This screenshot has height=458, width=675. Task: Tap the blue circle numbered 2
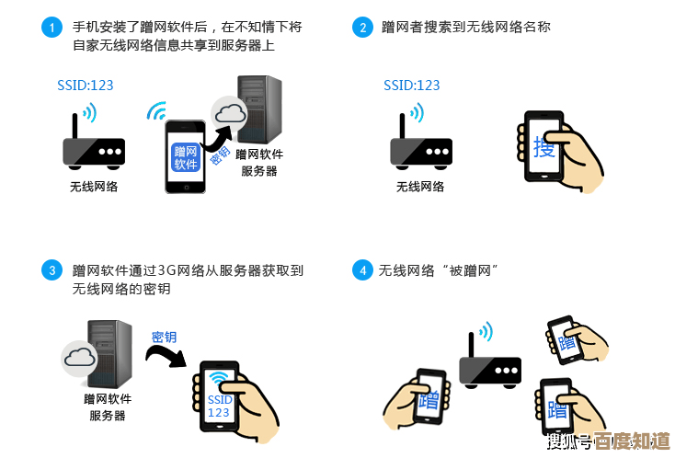click(363, 28)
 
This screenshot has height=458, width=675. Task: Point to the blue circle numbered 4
click(363, 270)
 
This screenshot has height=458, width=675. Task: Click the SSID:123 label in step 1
click(85, 85)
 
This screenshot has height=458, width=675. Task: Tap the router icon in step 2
click(420, 147)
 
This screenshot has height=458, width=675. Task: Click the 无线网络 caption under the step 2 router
click(419, 187)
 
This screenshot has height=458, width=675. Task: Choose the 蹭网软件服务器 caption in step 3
click(108, 407)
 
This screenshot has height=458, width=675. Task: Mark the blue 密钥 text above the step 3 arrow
click(164, 337)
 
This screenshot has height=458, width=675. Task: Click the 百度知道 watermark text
click(632, 441)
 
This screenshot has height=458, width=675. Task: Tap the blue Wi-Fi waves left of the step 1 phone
click(156, 112)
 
